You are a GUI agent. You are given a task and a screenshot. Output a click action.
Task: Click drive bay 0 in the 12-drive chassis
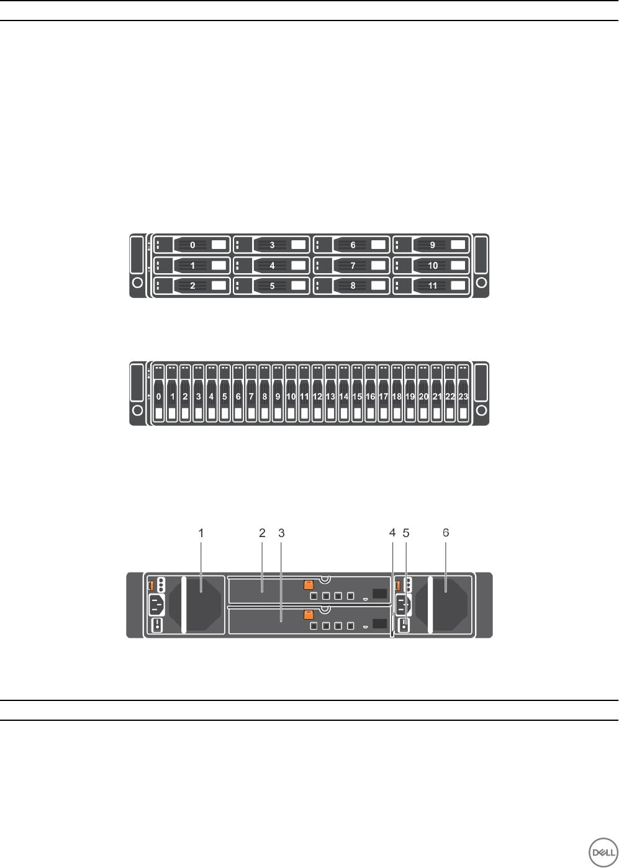(x=192, y=245)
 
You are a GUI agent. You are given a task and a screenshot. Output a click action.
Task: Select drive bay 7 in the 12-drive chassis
(x=352, y=265)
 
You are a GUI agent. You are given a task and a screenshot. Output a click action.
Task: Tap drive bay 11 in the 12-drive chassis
(x=432, y=286)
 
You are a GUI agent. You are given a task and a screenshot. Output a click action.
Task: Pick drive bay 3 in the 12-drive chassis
(x=272, y=245)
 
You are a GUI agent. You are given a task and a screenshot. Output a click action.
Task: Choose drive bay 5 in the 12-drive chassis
(x=272, y=286)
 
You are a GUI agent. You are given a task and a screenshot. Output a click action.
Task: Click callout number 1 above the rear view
(x=201, y=532)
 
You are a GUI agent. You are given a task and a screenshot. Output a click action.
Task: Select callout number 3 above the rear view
(x=281, y=532)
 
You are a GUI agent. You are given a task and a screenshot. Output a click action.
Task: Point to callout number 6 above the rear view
(x=445, y=532)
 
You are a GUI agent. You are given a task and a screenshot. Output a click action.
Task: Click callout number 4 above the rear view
(x=392, y=532)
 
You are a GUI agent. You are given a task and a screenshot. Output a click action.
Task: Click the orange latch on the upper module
(x=308, y=585)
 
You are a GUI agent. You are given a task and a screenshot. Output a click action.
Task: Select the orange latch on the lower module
(x=307, y=615)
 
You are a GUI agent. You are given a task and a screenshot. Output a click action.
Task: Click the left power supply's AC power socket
(x=156, y=604)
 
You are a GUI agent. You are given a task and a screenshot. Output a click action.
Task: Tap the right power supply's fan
(x=444, y=604)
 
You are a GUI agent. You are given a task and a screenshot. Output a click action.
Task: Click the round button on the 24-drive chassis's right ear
(x=481, y=410)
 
